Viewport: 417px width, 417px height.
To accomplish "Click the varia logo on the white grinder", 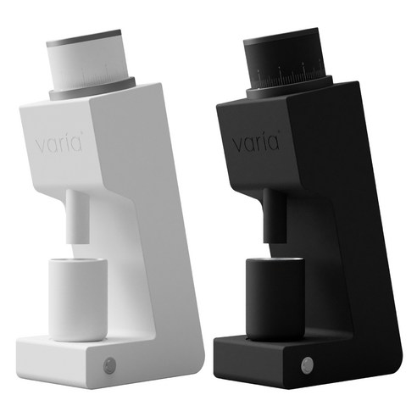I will pos(60,143).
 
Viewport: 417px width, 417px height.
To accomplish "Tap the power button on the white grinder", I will pos(109,366).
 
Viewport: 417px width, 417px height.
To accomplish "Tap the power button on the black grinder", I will pos(306,368).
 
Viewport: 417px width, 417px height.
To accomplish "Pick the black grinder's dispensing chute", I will pos(271,220).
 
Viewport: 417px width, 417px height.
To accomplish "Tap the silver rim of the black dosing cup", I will pos(271,261).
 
